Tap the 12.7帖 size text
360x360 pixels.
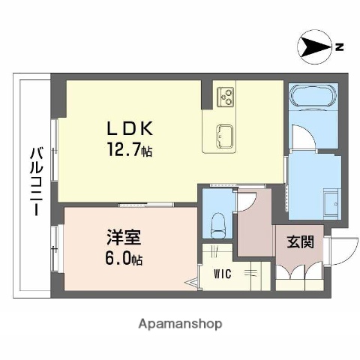[128, 151]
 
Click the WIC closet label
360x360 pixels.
[222, 274]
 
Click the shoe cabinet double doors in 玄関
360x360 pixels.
[298, 274]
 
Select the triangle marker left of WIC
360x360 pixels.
[193, 283]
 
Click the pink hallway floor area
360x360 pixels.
[255, 229]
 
